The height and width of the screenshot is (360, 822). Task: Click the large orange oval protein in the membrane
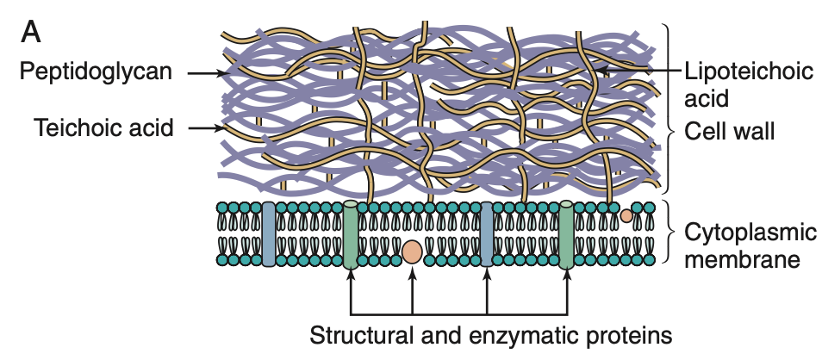(412, 251)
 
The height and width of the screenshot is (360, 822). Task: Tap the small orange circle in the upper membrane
(626, 215)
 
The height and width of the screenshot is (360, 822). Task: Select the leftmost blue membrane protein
(268, 233)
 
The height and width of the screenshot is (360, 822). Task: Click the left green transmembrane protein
(350, 234)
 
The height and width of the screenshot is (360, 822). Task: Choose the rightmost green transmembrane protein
(566, 234)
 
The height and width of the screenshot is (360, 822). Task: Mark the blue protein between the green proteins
(487, 233)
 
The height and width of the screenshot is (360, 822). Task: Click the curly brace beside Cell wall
(669, 108)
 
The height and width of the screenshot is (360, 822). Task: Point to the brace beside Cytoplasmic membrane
(669, 232)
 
